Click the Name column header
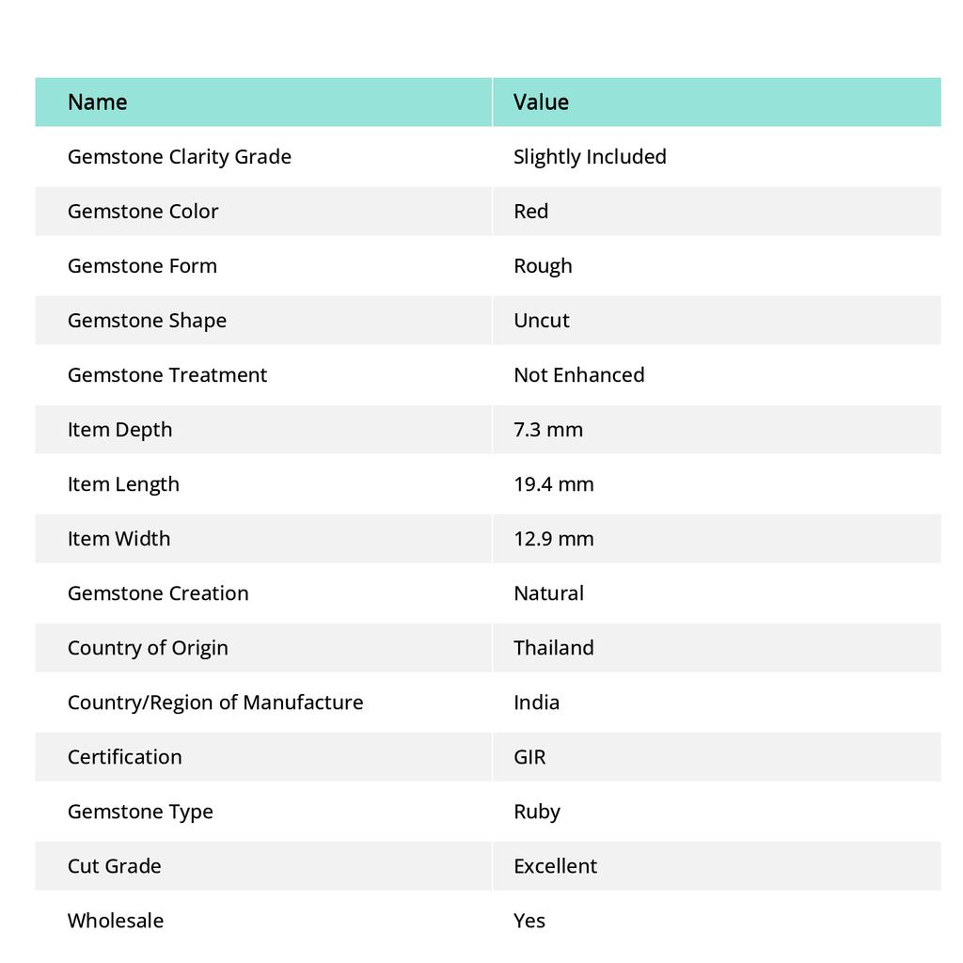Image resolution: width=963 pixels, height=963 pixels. pos(97,102)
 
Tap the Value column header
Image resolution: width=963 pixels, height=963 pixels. pos(541,102)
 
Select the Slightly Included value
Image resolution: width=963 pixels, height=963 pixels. pos(590,157)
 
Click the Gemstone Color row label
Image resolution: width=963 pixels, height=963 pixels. pos(143,212)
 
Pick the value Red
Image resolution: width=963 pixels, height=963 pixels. pos(530,212)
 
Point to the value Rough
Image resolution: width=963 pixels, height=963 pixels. pos(543,266)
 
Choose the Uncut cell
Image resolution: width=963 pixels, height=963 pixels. pos(542,321)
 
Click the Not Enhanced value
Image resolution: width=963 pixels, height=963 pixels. pos(578,375)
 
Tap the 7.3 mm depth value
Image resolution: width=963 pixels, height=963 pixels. pos(548,430)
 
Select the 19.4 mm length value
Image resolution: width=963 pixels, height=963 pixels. pos(554,484)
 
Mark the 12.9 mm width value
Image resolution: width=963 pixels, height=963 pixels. pos(554,539)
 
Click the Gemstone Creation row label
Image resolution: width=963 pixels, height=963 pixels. pos(158,593)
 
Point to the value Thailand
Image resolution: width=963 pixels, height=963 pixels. pos(554,648)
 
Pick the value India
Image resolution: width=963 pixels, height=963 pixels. pos(536,703)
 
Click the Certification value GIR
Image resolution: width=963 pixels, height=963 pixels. pos(529,757)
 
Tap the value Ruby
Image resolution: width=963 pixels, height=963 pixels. pos(537,812)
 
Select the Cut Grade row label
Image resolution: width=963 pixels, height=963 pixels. pos(114,866)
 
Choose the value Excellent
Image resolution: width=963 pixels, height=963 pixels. pos(555,866)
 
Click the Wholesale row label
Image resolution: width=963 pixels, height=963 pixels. pos(115,921)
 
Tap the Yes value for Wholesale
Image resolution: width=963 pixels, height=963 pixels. pos(529,921)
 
